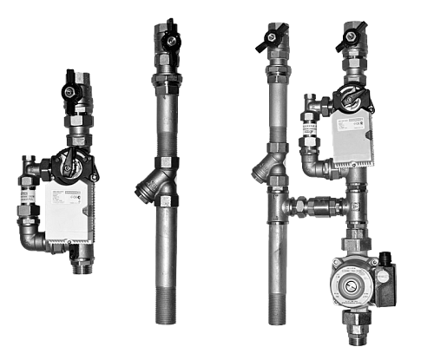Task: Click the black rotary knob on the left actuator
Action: (x=69, y=161)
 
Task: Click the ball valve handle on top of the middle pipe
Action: (x=167, y=38)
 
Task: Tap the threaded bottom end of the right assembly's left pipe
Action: (x=276, y=308)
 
